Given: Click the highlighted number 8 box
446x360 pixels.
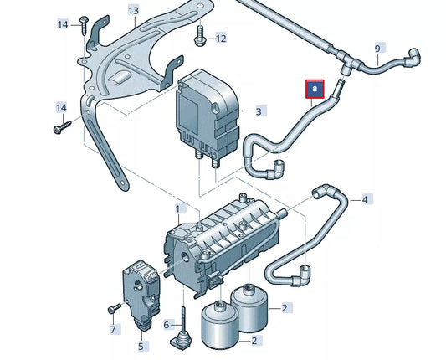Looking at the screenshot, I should tap(315, 87).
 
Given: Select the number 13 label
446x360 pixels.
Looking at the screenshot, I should tap(134, 10).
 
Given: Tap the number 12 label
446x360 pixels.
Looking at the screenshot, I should tap(219, 39).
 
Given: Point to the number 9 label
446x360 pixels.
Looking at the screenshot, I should tap(377, 49).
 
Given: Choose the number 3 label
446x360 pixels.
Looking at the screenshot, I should tap(259, 111).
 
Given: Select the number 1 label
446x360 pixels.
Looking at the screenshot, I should tap(177, 208).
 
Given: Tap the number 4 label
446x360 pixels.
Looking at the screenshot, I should tap(366, 199).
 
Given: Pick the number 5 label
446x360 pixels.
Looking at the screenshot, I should tap(141, 344).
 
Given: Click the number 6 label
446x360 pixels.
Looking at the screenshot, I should tap(167, 325).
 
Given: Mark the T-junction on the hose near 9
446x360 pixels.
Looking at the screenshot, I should tap(346, 60).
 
